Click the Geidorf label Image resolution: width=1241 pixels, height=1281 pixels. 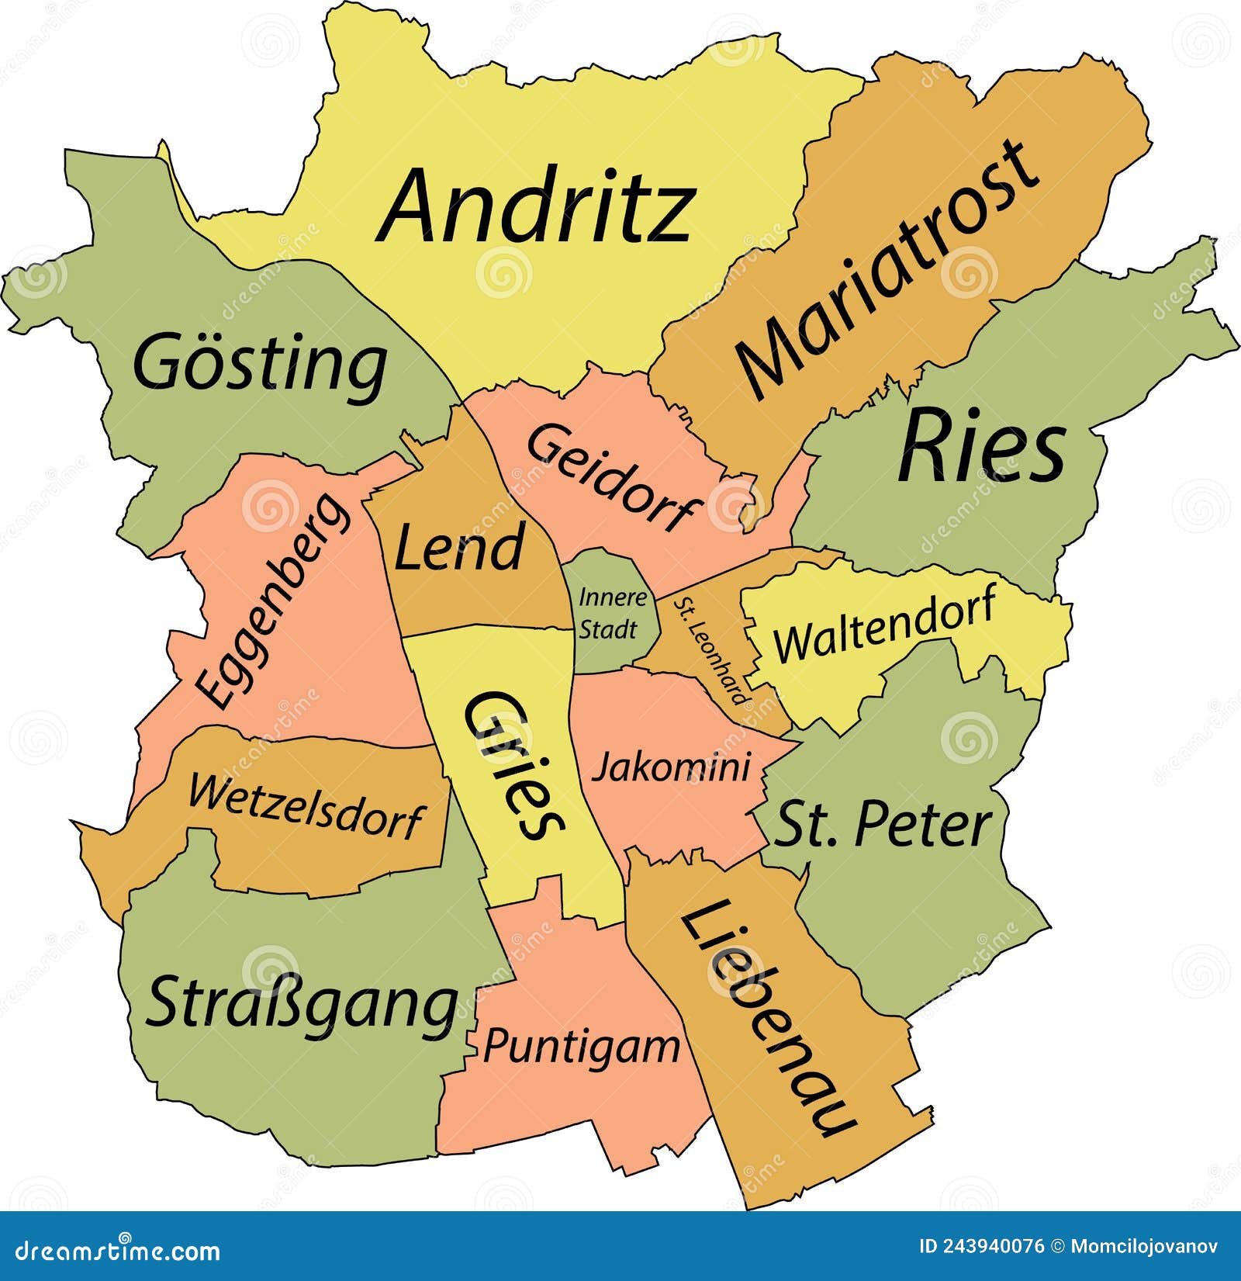tap(613, 477)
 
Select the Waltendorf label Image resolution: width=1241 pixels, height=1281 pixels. tap(884, 625)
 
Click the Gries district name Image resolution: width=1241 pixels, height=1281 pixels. tap(513, 764)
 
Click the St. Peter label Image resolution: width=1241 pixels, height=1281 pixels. tap(883, 825)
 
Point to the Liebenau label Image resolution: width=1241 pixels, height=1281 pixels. tap(768, 1016)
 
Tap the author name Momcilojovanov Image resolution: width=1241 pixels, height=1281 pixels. tap(1144, 1247)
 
